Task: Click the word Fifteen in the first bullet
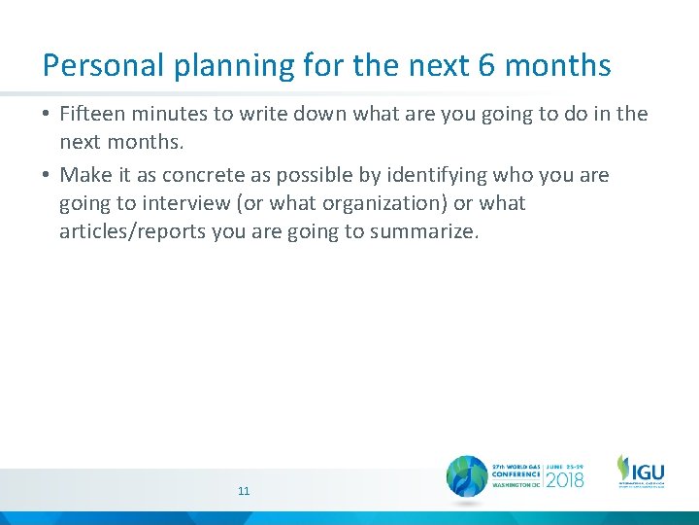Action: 93,114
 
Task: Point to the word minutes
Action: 171,114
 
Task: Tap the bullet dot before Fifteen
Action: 47,115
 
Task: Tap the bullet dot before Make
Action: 47,176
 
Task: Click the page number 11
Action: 244,491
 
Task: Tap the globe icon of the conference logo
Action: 467,477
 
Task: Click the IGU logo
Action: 641,472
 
